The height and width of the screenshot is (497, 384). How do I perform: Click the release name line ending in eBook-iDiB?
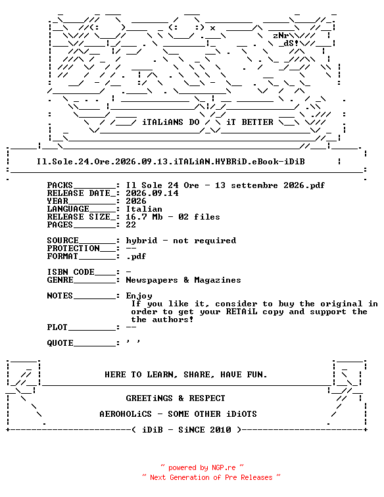click(x=170, y=162)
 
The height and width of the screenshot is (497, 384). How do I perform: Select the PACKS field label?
click(x=60, y=185)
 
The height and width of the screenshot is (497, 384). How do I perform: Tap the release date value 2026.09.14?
click(x=152, y=193)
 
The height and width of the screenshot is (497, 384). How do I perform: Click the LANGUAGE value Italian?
click(x=144, y=209)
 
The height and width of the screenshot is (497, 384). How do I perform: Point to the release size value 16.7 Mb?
click(x=144, y=217)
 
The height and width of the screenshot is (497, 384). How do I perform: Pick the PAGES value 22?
click(x=131, y=225)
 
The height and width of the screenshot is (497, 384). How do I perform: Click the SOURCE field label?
click(x=62, y=241)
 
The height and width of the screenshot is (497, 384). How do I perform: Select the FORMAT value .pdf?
click(x=136, y=256)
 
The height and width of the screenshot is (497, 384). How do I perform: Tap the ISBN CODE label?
click(x=71, y=272)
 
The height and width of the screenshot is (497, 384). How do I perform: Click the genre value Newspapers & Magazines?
click(x=183, y=280)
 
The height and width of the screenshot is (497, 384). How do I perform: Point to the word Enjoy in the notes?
click(x=139, y=296)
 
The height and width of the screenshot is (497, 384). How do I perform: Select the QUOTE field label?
click(x=60, y=343)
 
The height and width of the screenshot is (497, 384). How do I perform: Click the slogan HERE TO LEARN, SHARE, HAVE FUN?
click(x=186, y=375)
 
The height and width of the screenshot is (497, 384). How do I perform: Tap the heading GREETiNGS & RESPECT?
click(x=176, y=398)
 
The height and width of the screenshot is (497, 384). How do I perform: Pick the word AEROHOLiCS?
click(x=126, y=414)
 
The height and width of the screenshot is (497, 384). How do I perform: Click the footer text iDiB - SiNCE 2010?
click(x=187, y=430)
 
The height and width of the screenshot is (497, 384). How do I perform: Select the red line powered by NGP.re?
click(x=202, y=467)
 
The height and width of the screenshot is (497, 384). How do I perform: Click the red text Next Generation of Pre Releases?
click(x=212, y=477)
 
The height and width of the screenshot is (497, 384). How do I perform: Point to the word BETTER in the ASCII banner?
click(x=257, y=122)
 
